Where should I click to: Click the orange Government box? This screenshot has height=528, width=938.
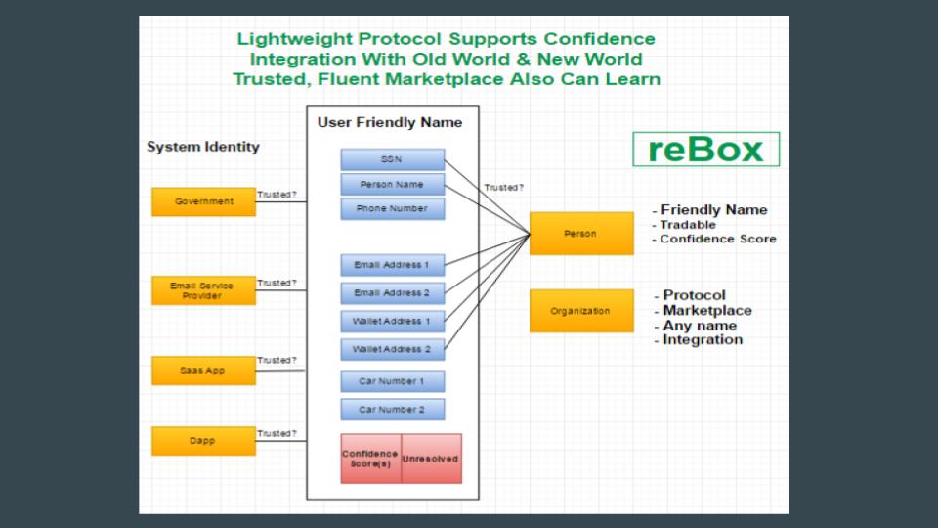click(203, 201)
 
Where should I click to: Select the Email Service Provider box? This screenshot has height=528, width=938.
click(203, 290)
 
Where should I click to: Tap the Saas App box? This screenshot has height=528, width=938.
click(203, 371)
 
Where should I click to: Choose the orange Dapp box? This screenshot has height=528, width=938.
click(203, 441)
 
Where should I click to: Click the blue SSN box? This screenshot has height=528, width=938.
click(392, 159)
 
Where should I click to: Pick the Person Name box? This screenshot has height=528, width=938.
click(392, 184)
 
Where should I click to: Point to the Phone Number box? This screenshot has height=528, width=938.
click(392, 208)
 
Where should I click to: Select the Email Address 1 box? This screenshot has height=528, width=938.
click(392, 265)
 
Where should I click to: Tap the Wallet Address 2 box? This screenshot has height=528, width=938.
click(392, 349)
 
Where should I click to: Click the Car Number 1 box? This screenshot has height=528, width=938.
click(392, 381)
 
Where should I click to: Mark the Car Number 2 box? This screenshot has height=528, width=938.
click(392, 410)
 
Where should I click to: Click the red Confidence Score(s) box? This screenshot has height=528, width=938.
click(370, 458)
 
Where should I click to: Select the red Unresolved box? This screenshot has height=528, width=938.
click(431, 458)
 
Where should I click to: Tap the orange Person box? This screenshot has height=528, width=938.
click(581, 234)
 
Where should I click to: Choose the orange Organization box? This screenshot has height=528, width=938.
click(581, 311)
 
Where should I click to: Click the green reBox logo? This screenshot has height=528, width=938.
click(705, 150)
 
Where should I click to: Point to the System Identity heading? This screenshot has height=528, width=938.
click(203, 147)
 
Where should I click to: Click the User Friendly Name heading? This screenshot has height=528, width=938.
click(390, 123)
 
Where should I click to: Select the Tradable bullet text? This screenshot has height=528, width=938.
click(688, 225)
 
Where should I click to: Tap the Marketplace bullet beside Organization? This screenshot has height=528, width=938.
click(707, 311)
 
